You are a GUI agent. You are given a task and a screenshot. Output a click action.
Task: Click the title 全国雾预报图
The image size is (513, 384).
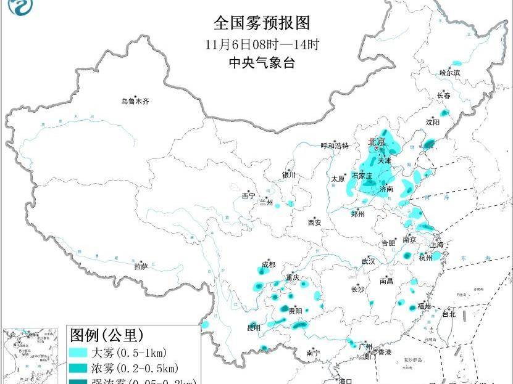[261, 23]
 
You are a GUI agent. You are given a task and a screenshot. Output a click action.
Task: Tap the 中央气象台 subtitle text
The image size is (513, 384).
[261, 63]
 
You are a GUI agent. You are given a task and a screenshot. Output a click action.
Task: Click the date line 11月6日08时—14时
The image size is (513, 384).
[261, 44]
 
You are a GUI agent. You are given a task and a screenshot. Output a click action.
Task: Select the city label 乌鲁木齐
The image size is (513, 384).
[135, 101]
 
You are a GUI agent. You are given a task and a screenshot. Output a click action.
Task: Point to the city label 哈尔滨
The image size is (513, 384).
[449, 73]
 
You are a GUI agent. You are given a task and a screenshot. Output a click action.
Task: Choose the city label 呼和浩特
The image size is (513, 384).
[335, 146]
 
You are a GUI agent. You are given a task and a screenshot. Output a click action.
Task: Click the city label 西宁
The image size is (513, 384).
[248, 196]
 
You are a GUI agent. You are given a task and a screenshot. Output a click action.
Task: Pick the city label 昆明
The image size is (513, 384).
[253, 327]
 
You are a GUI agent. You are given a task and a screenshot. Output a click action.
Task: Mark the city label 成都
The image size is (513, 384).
[269, 266]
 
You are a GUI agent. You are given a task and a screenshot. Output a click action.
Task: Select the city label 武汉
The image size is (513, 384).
[369, 262]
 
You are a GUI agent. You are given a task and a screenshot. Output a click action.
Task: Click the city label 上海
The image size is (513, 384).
[436, 245]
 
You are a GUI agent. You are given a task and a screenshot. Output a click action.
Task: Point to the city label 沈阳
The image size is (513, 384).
[432, 122]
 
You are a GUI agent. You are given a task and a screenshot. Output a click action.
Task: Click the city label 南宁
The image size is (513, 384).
[313, 353]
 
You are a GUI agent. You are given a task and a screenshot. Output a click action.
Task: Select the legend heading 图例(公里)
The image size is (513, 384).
[106, 336]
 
